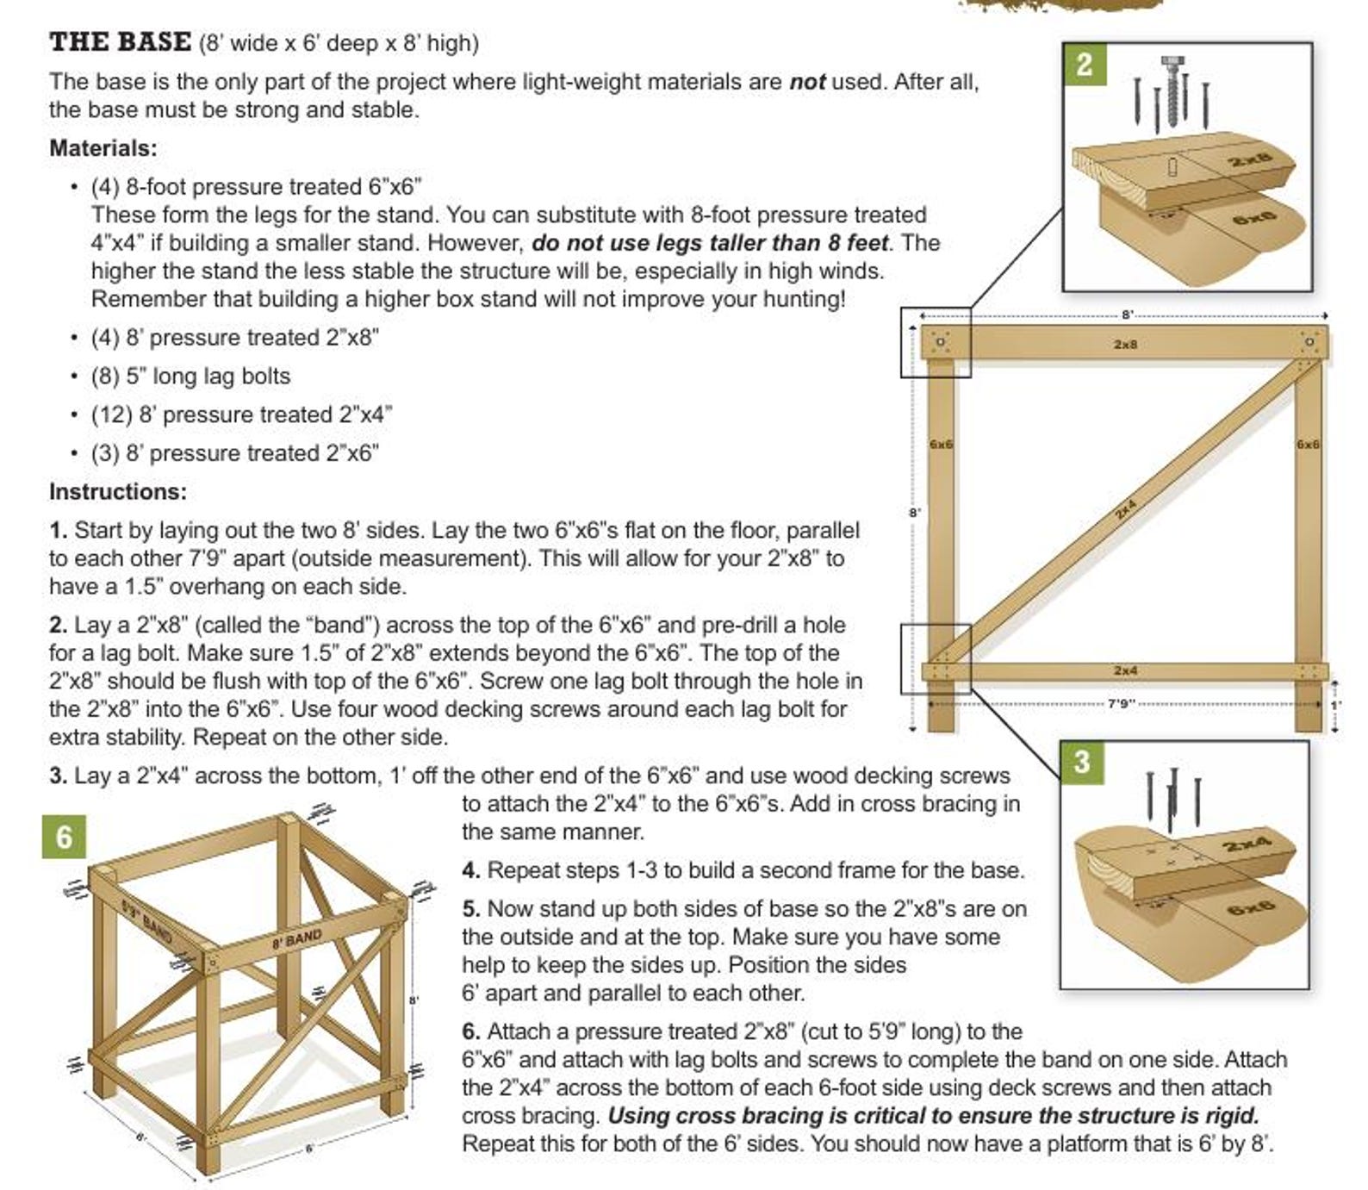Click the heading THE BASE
(120, 41)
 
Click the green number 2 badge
(1085, 65)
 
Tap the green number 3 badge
(1082, 762)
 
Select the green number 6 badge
(65, 838)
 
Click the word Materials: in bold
(103, 148)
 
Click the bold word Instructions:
(118, 492)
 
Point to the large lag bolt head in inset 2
(1171, 61)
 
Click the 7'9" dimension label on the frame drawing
(1119, 704)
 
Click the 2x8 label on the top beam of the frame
(1125, 344)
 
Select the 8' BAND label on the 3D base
(296, 939)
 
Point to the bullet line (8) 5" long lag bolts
(191, 377)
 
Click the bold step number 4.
(470, 870)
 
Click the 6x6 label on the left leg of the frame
(941, 445)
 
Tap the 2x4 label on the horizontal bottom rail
(1125, 670)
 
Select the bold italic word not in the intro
(807, 82)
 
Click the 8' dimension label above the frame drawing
(1127, 315)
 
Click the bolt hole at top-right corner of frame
(1309, 342)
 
